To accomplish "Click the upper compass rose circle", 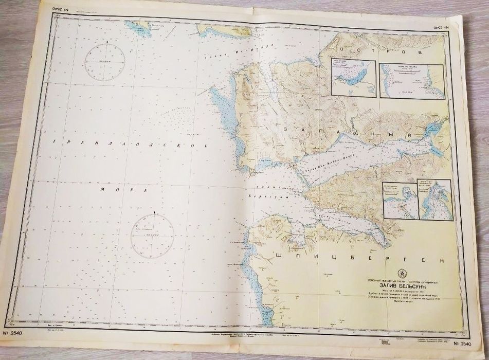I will (106, 61).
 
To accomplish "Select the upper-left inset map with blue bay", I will (353, 78).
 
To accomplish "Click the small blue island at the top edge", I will (140, 29).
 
